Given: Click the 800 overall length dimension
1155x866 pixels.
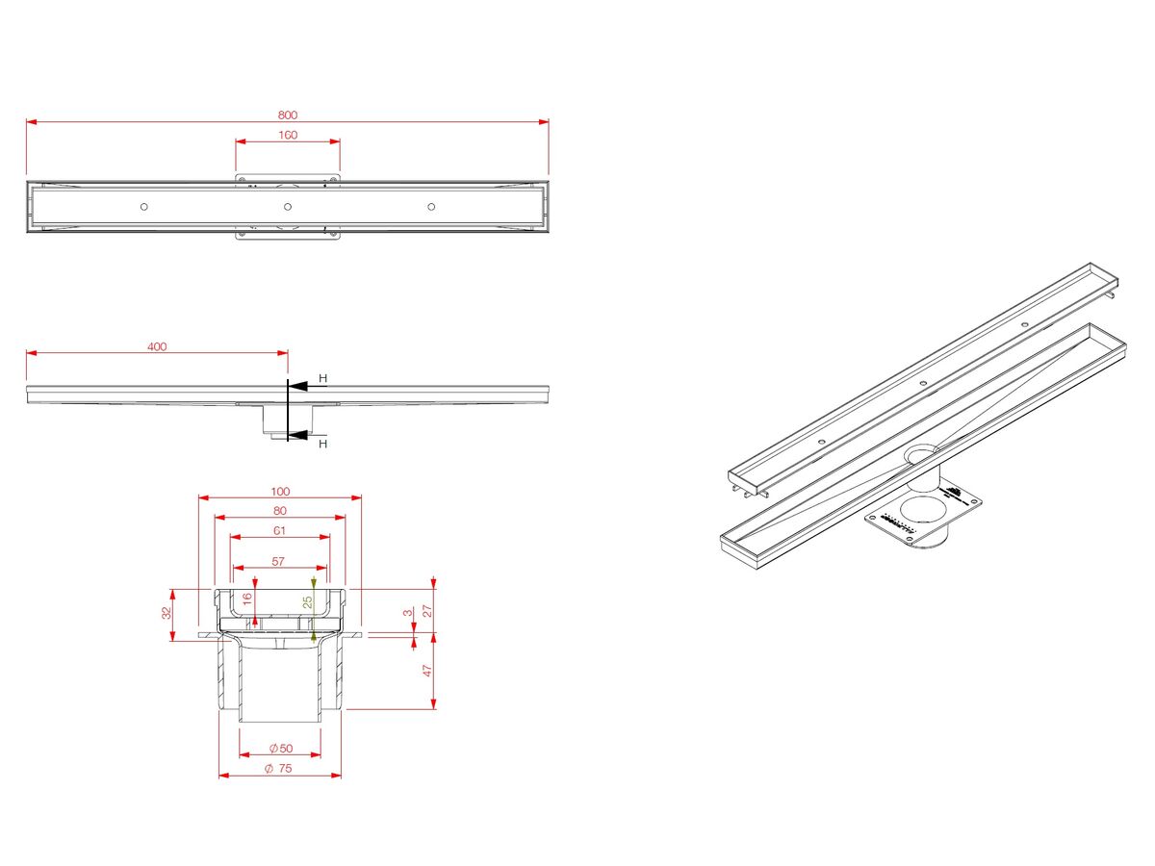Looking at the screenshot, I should pyautogui.click(x=288, y=115).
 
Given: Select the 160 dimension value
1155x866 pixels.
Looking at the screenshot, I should pyautogui.click(x=288, y=135).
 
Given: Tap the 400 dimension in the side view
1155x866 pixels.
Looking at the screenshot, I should pyautogui.click(x=157, y=346).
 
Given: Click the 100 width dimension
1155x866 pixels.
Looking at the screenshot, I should pyautogui.click(x=279, y=491).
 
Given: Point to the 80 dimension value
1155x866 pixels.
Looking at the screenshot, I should pyautogui.click(x=279, y=510).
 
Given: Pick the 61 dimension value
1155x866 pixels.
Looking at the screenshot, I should pyautogui.click(x=279, y=530).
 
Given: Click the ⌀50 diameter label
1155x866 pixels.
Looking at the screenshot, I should pyautogui.click(x=281, y=748).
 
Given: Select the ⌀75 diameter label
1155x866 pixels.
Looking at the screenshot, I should pyautogui.click(x=280, y=768).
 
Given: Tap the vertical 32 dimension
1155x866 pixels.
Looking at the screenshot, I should pyautogui.click(x=166, y=613).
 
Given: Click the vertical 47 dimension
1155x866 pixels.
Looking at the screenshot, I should pyautogui.click(x=428, y=672).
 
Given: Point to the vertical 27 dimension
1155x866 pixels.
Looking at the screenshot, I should pyautogui.click(x=428, y=610).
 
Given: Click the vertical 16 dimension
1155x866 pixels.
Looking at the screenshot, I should pyautogui.click(x=247, y=599).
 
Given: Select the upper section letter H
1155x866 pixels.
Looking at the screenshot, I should pyautogui.click(x=323, y=379).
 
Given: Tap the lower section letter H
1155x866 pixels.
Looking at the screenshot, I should pyautogui.click(x=323, y=444).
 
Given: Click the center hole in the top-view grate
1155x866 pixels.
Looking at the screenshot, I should pyautogui.click(x=287, y=207).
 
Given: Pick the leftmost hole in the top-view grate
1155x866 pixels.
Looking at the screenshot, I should pyautogui.click(x=144, y=207).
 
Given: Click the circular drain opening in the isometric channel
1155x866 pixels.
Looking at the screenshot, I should pyautogui.click(x=923, y=452).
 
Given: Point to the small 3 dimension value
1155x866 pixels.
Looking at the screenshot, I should pyautogui.click(x=407, y=612).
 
